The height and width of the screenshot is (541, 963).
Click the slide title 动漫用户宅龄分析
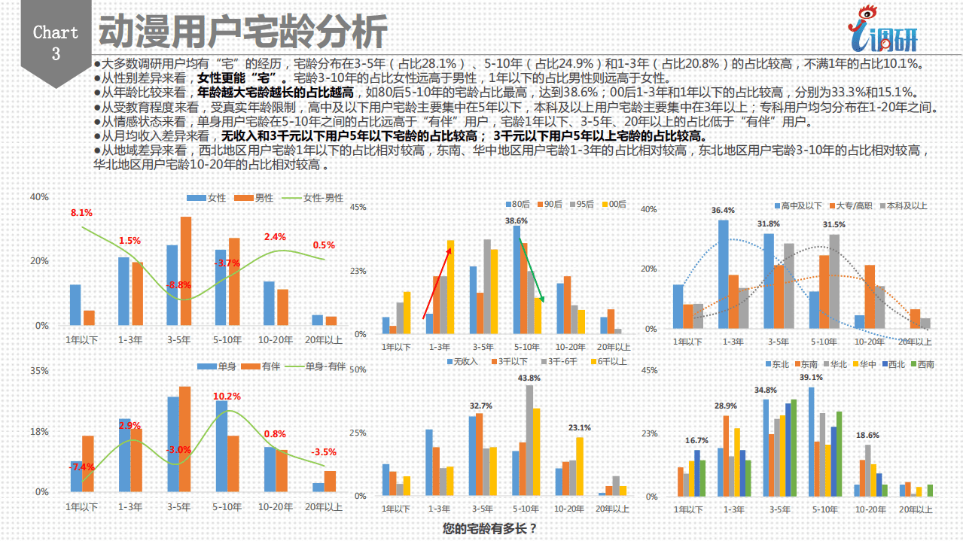coord(242,32)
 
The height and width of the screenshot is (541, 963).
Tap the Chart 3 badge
coord(56,43)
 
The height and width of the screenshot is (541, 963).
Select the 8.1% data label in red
coord(81,213)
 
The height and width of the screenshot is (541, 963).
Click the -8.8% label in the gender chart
coord(179,285)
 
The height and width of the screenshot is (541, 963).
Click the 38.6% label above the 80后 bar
coord(517,221)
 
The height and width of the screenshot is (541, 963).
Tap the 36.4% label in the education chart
coord(723,210)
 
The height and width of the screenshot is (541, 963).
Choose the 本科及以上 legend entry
coord(903,205)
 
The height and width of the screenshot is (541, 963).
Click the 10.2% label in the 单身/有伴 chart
coord(227,396)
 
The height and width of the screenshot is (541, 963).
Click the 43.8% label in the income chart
coord(530,378)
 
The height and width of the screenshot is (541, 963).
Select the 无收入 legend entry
coord(462,361)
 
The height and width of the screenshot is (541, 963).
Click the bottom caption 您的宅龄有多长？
coord(490,528)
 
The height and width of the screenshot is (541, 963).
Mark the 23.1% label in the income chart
coord(579,427)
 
